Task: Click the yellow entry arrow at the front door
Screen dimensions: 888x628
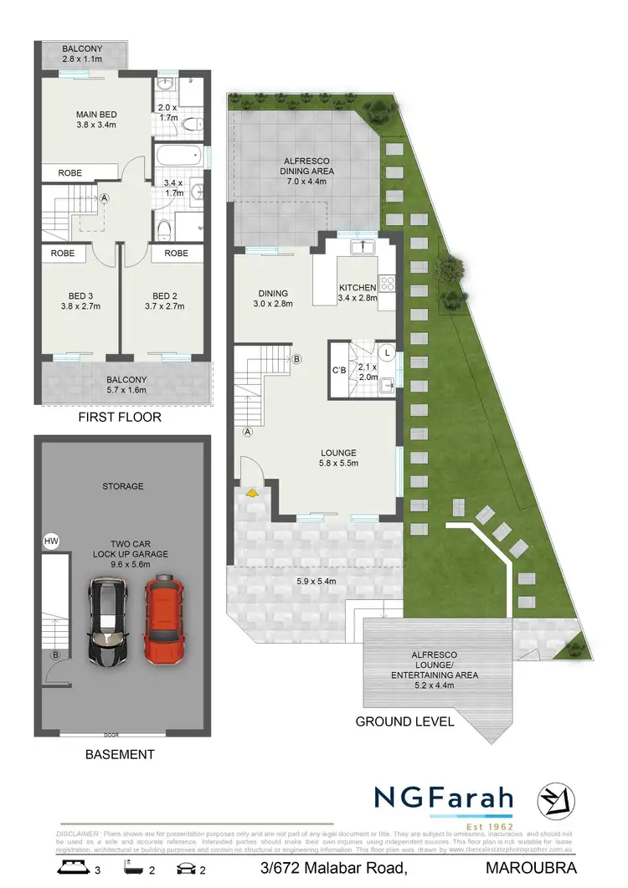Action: coord(250,495)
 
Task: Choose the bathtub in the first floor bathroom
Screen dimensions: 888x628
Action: coord(178,157)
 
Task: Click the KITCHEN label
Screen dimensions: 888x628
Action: coord(358,288)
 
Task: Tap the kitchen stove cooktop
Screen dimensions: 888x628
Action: coord(387,284)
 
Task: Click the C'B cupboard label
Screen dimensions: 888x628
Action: coord(340,370)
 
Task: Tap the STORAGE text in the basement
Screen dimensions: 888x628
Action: coord(123,485)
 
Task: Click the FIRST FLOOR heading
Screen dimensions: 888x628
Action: coord(119,417)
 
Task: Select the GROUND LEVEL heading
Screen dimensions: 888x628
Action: coord(405,721)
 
